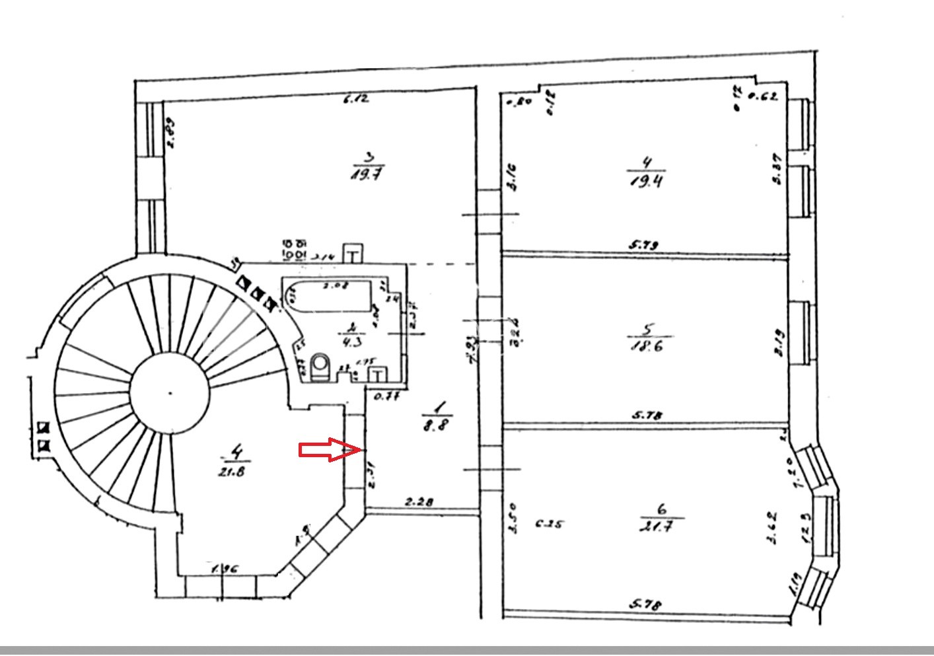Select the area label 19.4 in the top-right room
[x=647, y=180]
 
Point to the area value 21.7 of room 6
[x=661, y=527]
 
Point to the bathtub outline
[x=327, y=295]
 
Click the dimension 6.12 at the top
[x=356, y=99]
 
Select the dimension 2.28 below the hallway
[x=419, y=502]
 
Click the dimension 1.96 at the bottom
[x=225, y=568]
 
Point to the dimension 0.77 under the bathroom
[x=388, y=397]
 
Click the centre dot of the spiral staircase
[x=170, y=393]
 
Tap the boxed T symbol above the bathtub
[x=353, y=254]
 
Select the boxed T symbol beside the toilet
[x=377, y=375]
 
